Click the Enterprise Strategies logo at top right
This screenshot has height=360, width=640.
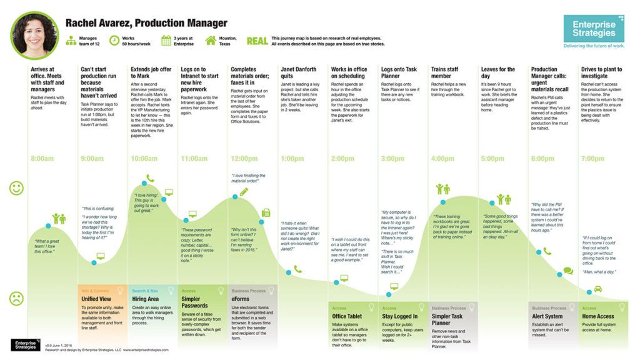[593, 29]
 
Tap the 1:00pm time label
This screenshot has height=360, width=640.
[292, 159]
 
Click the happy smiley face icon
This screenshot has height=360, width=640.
[16, 188]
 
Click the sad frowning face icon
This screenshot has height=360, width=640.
[16, 298]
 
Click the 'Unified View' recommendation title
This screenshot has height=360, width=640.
[97, 299]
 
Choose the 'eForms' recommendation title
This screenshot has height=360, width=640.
[242, 299]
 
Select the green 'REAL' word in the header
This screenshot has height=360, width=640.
[257, 41]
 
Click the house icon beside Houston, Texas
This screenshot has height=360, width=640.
[211, 41]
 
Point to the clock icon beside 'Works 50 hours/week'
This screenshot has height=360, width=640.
[114, 41]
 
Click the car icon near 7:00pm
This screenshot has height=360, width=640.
[597, 289]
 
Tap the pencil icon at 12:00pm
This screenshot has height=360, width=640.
[243, 191]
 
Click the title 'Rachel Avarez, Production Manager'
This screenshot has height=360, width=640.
[146, 23]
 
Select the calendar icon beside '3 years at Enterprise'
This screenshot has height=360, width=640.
[166, 41]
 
